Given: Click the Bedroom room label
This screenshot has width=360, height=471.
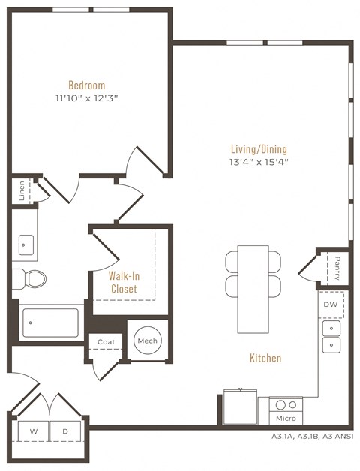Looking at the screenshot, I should point(86,85).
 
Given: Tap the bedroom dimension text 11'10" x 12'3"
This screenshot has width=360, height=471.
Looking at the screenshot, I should point(86,97).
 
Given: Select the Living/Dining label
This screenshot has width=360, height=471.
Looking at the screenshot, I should point(258,148).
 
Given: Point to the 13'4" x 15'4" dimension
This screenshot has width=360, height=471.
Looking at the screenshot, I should point(258,161).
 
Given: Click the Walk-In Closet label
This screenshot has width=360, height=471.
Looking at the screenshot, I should point(124,282).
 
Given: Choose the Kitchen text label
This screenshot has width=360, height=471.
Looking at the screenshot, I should point(265,358).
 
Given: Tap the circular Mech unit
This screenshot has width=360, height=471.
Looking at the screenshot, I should point(147,340).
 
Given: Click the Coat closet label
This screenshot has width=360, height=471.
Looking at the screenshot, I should point(105,341).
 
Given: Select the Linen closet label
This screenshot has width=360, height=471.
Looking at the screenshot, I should point(22,190).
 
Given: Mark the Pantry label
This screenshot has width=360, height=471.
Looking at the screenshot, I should point(337,268).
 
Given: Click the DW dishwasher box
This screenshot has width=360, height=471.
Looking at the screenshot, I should point(331,304).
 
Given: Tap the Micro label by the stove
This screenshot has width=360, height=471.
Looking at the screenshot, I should point(285,418).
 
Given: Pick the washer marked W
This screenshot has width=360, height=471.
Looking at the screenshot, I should point(33,431).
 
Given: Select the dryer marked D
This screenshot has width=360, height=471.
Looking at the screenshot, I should point(66,431).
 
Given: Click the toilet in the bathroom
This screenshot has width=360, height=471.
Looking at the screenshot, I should point(31,278).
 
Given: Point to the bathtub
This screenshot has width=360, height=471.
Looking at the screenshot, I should point(50,322).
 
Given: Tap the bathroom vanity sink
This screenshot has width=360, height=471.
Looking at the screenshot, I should point(26,244).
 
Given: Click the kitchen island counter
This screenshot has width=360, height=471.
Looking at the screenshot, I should point(253,288).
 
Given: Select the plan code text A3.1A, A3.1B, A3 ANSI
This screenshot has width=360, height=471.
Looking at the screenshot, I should point(312,436).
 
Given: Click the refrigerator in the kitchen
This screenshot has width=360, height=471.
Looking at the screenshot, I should point(240,407).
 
